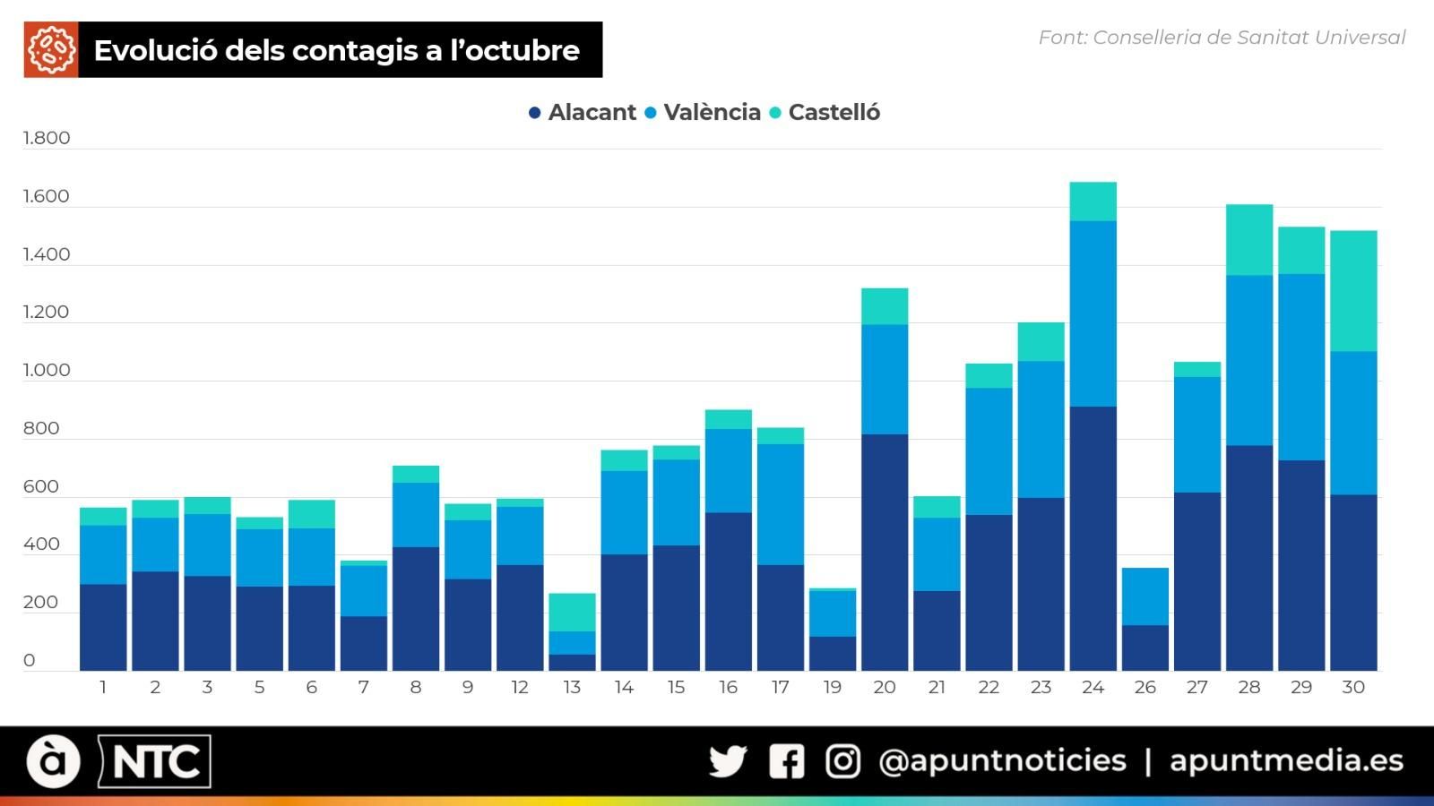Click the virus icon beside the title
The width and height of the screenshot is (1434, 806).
(x=51, y=50)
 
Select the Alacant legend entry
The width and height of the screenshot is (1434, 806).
(x=583, y=113)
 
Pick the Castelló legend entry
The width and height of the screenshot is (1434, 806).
(x=825, y=113)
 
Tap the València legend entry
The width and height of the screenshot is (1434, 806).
(x=704, y=113)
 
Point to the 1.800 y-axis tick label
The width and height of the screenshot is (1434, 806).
(x=46, y=138)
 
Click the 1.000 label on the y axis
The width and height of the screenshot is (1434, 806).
(x=46, y=370)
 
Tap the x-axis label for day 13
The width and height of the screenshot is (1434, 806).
(x=572, y=687)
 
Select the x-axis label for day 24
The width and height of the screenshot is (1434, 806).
(x=1093, y=687)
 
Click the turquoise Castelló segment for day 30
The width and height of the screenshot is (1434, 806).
(x=1353, y=291)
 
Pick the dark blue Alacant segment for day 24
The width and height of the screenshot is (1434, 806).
(x=1093, y=537)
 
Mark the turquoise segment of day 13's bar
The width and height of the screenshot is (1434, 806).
(x=572, y=613)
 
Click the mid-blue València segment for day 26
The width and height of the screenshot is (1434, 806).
(x=1145, y=596)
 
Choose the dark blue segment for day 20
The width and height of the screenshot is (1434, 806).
(x=885, y=552)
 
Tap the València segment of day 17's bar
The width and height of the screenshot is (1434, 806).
(x=780, y=504)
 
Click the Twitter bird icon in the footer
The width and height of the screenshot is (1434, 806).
(x=727, y=761)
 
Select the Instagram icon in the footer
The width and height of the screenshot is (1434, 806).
(x=842, y=761)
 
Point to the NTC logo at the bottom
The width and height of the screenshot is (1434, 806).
(x=154, y=762)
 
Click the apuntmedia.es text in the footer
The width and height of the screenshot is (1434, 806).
(x=1286, y=760)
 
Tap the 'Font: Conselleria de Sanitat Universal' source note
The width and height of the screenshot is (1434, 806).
(x=1222, y=38)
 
